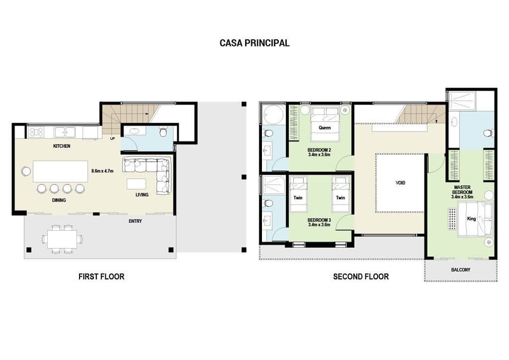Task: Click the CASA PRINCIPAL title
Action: pyautogui.click(x=254, y=43)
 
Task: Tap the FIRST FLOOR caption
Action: pyautogui.click(x=101, y=277)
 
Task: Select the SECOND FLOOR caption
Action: pyautogui.click(x=361, y=277)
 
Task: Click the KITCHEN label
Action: pyautogui.click(x=62, y=146)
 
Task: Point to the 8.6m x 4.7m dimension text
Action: pyautogui.click(x=102, y=171)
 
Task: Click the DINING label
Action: pyautogui.click(x=59, y=200)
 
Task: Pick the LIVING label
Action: pyautogui.click(x=142, y=195)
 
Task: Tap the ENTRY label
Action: pyautogui.click(x=135, y=221)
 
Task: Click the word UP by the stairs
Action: pyautogui.click(x=112, y=138)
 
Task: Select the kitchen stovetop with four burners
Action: pyautogui.click(x=37, y=132)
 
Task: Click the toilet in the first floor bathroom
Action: pyautogui.click(x=163, y=133)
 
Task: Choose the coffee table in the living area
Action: pyautogui.click(x=136, y=184)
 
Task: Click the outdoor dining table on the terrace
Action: pyautogui.click(x=62, y=239)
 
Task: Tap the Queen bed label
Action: pyautogui.click(x=324, y=128)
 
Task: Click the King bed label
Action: pyautogui.click(x=471, y=219)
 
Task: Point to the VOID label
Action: pyautogui.click(x=400, y=183)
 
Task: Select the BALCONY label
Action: pyautogui.click(x=461, y=270)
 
